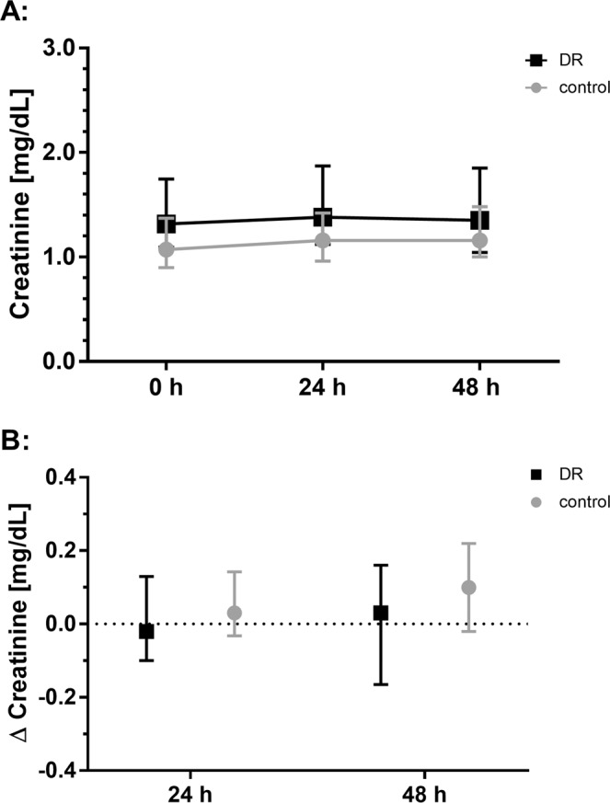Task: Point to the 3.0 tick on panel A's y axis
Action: click(67, 47)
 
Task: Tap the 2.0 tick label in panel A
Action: click(67, 152)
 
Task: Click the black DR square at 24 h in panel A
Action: click(323, 217)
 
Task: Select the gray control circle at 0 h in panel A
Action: click(167, 249)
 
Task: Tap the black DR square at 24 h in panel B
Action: click(146, 631)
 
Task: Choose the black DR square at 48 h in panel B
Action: click(380, 613)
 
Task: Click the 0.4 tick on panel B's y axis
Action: click(67, 477)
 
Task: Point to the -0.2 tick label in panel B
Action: click(63, 696)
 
